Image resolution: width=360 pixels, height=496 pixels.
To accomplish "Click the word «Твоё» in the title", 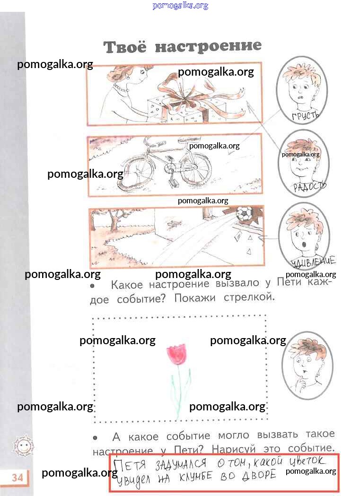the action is click(125, 47).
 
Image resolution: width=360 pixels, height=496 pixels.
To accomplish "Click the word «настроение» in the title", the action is click(209, 46).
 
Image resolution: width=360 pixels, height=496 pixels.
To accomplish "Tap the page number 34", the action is click(18, 477).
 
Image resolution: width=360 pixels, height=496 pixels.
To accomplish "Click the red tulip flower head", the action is click(176, 353).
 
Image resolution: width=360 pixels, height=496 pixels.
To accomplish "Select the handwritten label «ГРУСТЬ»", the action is click(305, 115).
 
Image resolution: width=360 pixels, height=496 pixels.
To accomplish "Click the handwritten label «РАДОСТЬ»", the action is click(309, 186).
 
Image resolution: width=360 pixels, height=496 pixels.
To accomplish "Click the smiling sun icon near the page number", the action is click(23, 446).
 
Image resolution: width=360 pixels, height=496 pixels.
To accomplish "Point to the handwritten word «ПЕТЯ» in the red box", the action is click(130, 465).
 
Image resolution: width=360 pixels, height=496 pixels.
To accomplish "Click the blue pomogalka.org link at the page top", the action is click(180, 5).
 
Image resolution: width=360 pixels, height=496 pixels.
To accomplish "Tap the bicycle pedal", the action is click(174, 183).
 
